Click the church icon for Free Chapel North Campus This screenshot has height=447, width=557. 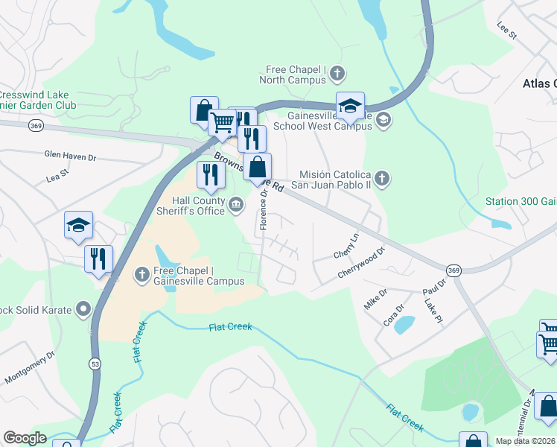[337, 73]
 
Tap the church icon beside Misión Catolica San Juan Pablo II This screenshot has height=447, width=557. [381, 178]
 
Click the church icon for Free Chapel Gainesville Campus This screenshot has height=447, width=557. [141, 275]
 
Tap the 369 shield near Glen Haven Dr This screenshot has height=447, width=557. [35, 126]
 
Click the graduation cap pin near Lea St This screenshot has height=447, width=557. [77, 226]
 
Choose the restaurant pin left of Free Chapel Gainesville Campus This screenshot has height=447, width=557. [98, 259]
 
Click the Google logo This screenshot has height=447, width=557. [25, 438]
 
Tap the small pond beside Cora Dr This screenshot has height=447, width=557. [404, 324]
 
